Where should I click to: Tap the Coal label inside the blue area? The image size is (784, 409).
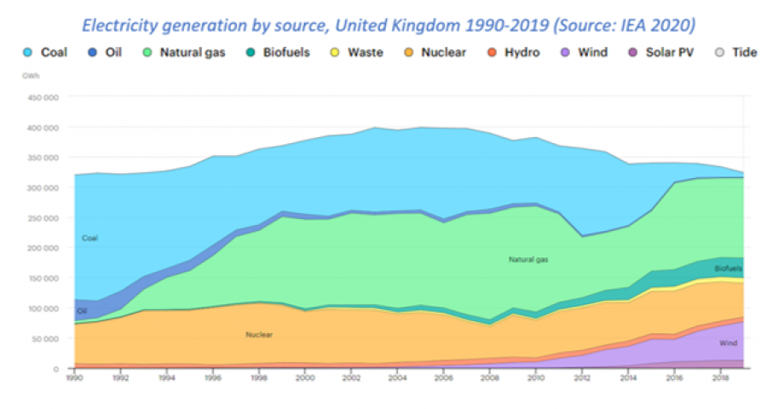[x=89, y=239]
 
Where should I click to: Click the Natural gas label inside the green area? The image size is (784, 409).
[x=527, y=259]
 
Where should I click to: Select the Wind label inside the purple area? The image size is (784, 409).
[x=728, y=343]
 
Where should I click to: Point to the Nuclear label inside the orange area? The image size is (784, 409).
[x=258, y=335]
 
